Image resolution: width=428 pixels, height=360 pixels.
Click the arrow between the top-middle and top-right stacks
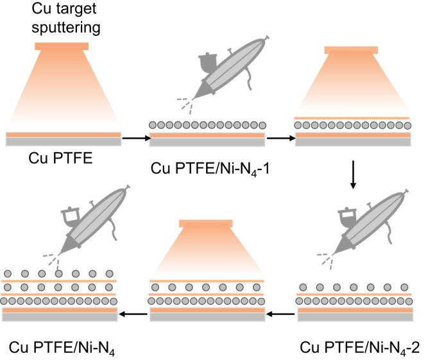[278, 137]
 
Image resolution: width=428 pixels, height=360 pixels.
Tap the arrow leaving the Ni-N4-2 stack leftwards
[280, 314]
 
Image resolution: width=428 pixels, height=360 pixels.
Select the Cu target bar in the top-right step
[352, 50]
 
